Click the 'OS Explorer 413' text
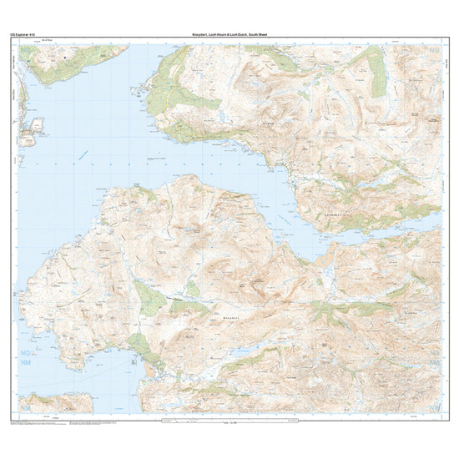pos(31,35)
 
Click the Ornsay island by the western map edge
pos(35,128)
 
